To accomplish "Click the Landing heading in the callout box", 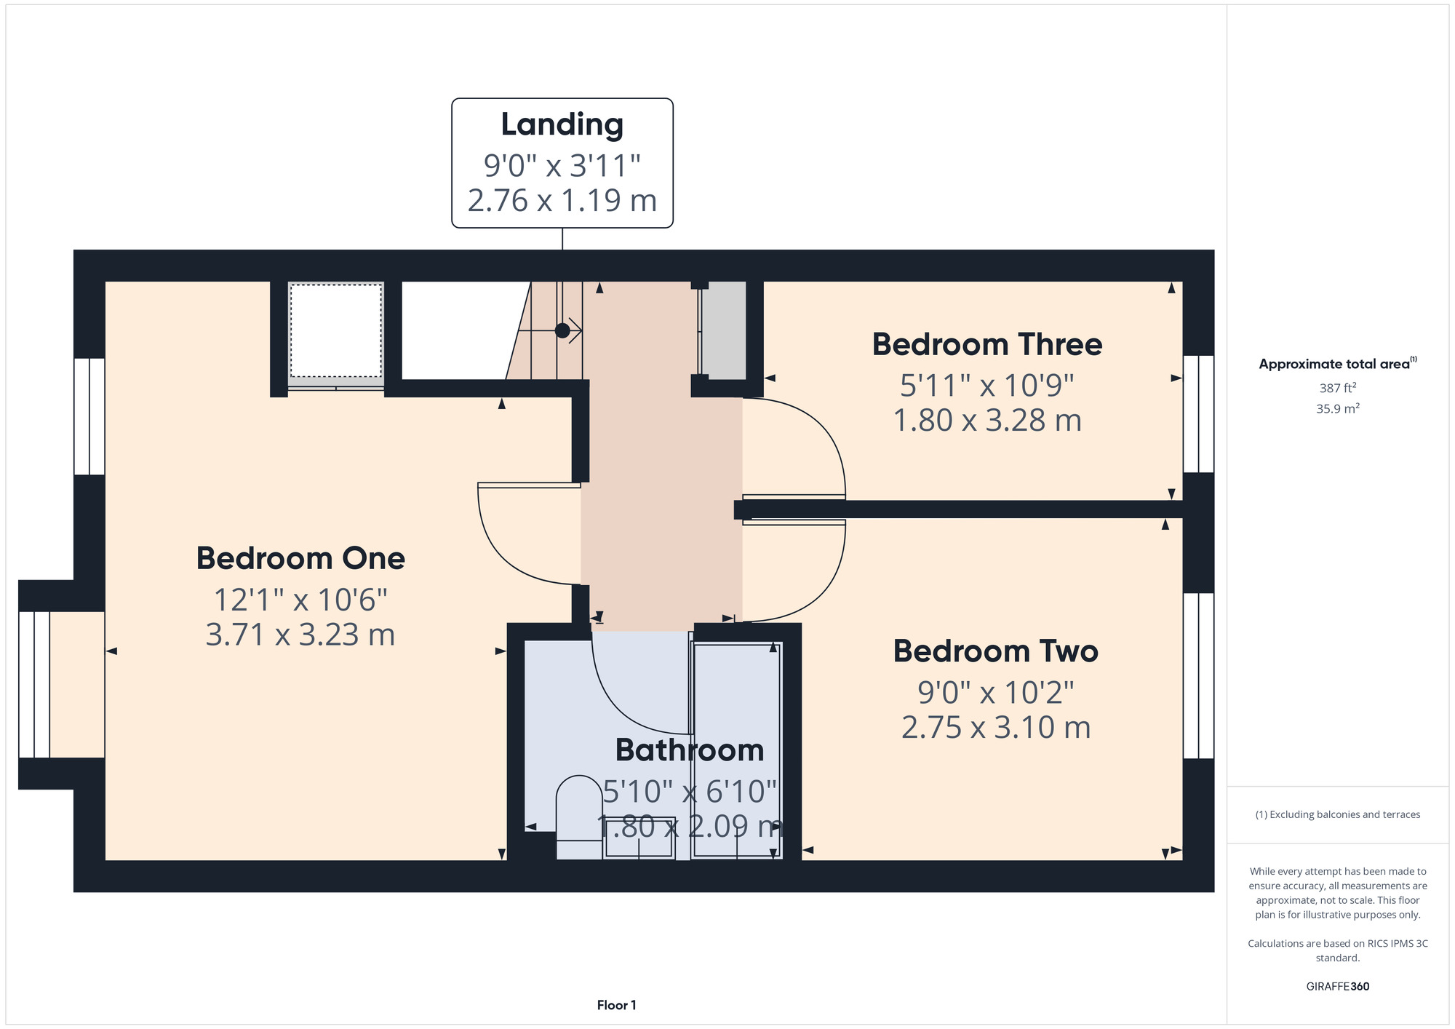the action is point(562,125).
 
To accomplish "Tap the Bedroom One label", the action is point(300,558).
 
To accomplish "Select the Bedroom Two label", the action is point(996,651).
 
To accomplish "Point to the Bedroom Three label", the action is point(987,344).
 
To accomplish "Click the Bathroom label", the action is point(690,750).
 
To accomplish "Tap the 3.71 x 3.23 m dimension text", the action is point(300,635).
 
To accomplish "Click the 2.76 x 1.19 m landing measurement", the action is point(562,200).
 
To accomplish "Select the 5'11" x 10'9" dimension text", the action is point(987,385).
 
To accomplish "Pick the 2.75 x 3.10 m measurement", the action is point(996,727).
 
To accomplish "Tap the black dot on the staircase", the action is point(562,330).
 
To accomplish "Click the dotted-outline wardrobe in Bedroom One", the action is point(336,331).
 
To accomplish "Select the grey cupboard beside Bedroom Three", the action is point(724,330).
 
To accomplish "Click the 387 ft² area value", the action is point(1338,388).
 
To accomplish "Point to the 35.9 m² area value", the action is point(1338,408).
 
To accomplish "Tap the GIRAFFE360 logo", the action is point(1338,987).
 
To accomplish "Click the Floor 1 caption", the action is point(617,1005).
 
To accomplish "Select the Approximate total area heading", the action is point(1338,364).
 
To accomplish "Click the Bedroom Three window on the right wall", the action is point(1198,414).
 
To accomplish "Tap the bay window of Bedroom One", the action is point(34,684).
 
